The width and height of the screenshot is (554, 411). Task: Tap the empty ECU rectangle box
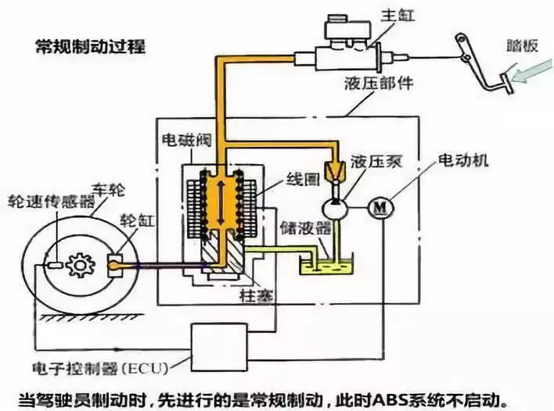click(223, 344)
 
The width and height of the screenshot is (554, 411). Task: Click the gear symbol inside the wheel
click(80, 266)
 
